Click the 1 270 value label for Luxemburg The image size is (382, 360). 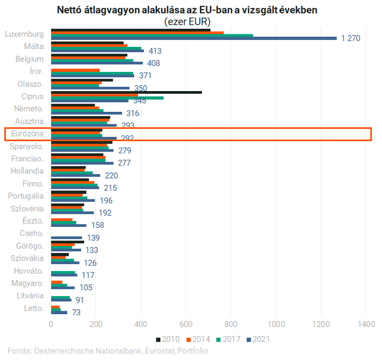pyautogui.click(x=351, y=38)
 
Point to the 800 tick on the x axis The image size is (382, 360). pyautogui.click(x=231, y=323)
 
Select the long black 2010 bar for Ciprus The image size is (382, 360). pyautogui.click(x=126, y=92)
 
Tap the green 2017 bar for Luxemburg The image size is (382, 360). pyautogui.click(x=152, y=35)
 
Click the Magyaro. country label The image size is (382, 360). pyautogui.click(x=27, y=283)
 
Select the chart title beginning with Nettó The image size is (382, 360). pyautogui.click(x=187, y=10)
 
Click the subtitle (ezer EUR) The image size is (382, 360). pyautogui.click(x=187, y=21)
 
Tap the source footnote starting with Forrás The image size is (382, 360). pyautogui.click(x=108, y=351)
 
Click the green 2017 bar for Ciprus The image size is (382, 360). pyautogui.click(x=107, y=98)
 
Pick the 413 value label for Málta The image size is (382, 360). pyautogui.click(x=155, y=51)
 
